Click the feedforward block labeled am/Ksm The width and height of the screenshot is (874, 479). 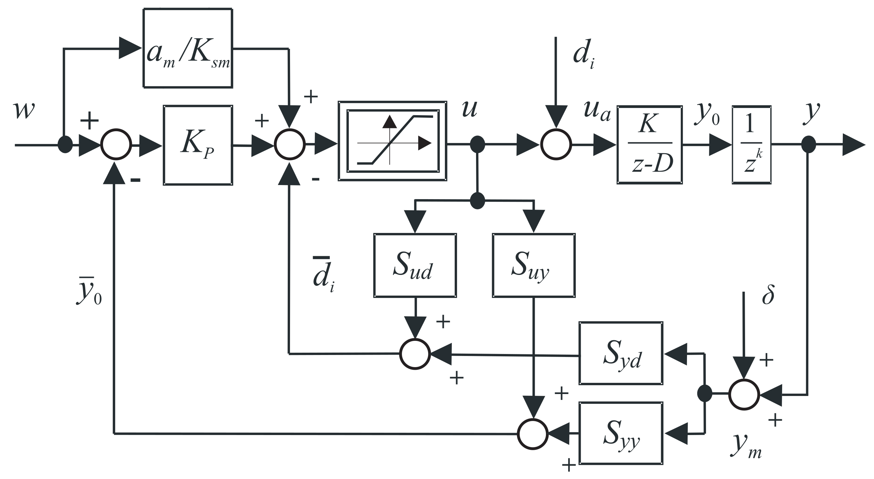[x=188, y=48]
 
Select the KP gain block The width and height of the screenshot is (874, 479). [x=198, y=145]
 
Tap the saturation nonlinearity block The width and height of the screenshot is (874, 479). [x=392, y=141]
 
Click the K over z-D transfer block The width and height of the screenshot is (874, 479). [x=649, y=145]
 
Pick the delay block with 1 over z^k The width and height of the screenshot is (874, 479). [x=752, y=145]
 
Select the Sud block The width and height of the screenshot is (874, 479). [x=415, y=265]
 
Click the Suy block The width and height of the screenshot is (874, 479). [x=533, y=265]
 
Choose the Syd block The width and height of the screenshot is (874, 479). [x=620, y=353]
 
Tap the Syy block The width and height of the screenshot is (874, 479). [x=620, y=433]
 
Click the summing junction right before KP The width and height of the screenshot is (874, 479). [x=116, y=144]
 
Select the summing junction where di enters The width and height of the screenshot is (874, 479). [x=556, y=144]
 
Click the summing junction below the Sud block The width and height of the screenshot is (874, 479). [x=415, y=354]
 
